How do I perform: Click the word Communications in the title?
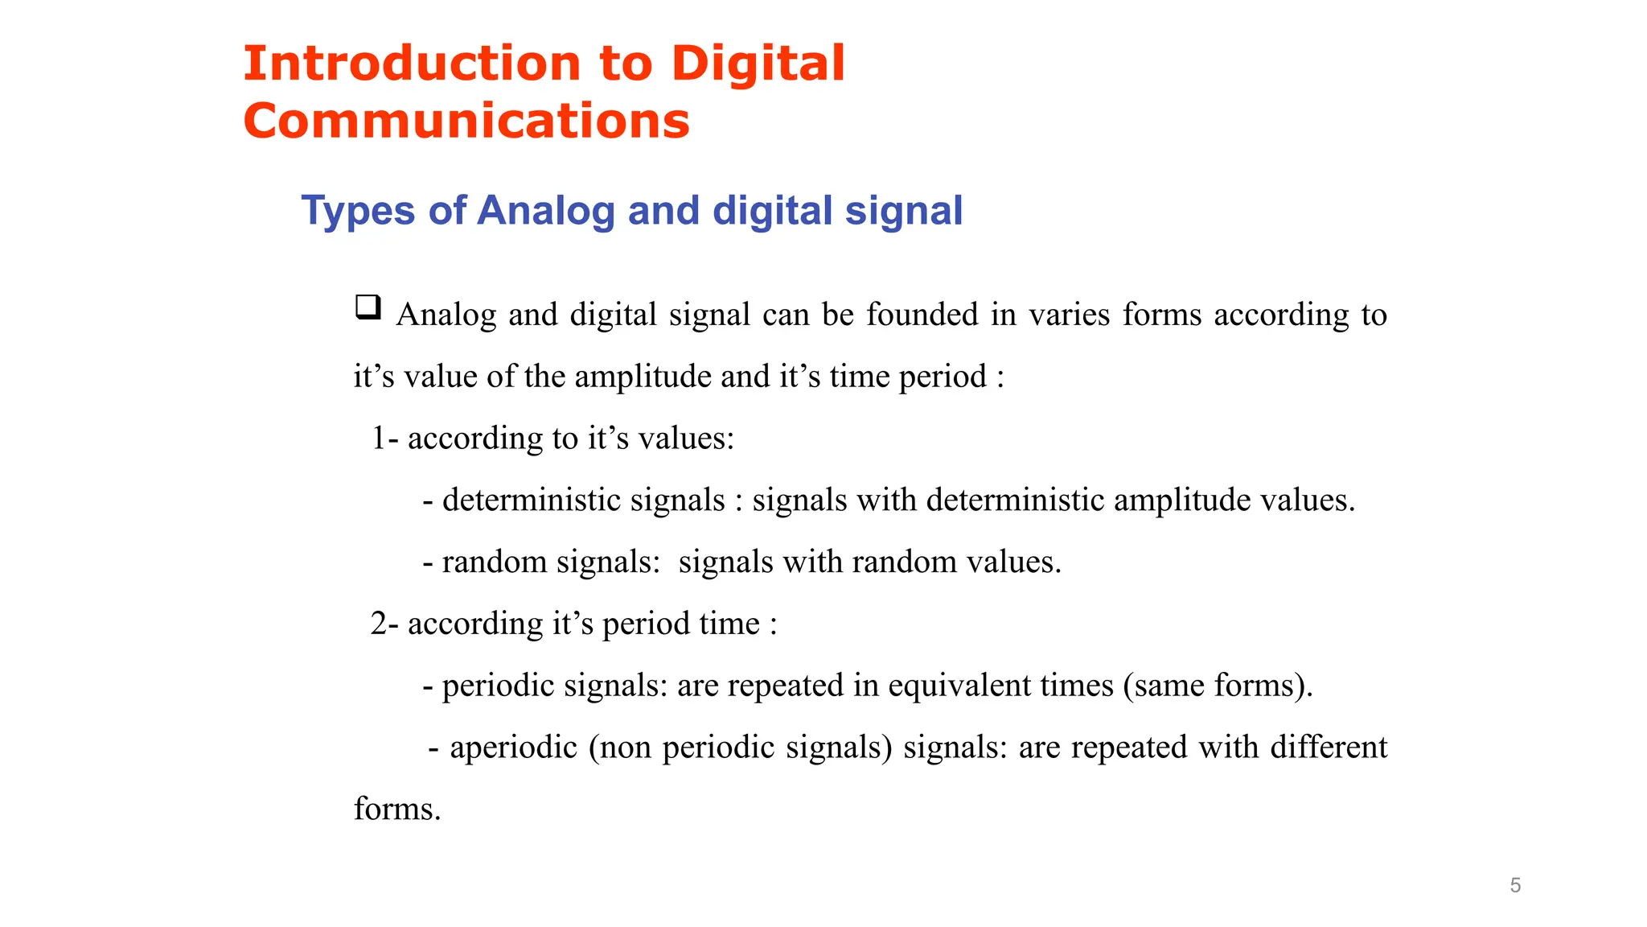[466, 122]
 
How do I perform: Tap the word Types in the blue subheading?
[358, 211]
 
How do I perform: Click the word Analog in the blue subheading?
[546, 211]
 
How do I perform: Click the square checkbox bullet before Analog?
[368, 307]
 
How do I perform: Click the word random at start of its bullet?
[494, 562]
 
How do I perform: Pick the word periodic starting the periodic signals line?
[498, 686]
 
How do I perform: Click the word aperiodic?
[513, 748]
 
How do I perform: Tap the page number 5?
[1515, 885]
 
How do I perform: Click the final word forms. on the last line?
[397, 810]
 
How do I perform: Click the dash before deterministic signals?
[428, 501]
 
